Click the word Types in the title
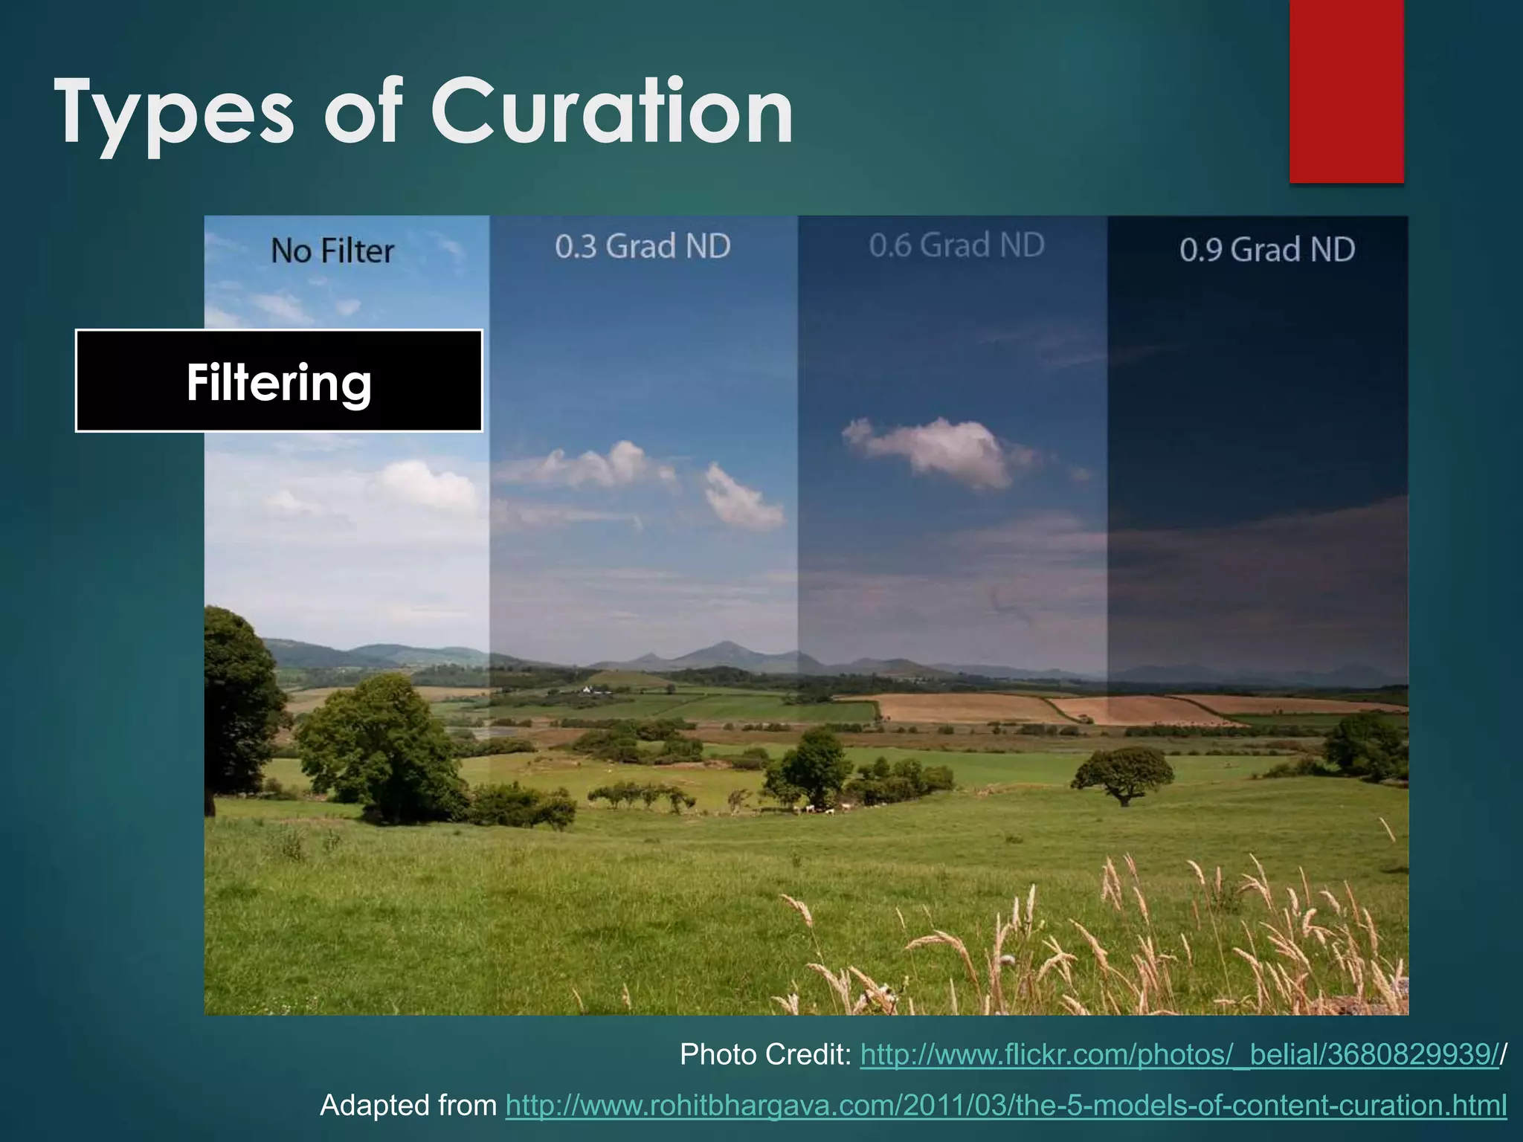174,112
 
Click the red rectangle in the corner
1346,91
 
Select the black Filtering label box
279,381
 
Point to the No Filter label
332,251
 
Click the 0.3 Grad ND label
643,246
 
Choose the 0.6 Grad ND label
956,245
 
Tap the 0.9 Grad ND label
1267,250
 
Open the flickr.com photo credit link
1179,1054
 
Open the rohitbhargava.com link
1005,1106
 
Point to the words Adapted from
408,1106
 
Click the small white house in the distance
587,689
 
